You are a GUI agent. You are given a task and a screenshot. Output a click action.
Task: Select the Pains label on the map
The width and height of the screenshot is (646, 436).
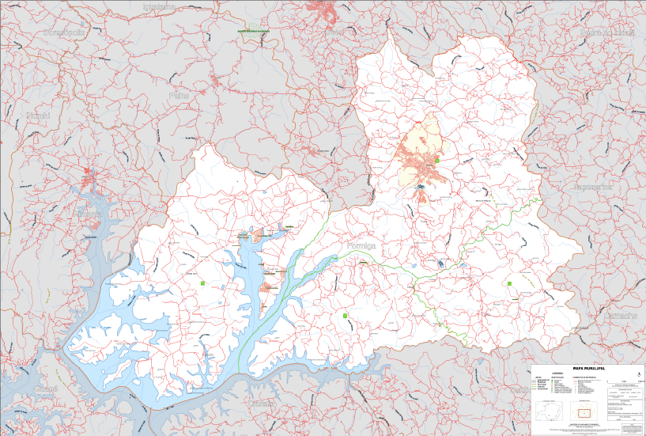(179, 95)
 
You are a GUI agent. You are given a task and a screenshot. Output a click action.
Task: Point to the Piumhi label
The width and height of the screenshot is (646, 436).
(38, 116)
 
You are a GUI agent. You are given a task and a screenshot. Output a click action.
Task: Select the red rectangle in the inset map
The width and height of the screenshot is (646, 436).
(584, 412)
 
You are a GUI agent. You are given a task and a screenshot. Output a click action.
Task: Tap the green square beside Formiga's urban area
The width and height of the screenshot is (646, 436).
(436, 161)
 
